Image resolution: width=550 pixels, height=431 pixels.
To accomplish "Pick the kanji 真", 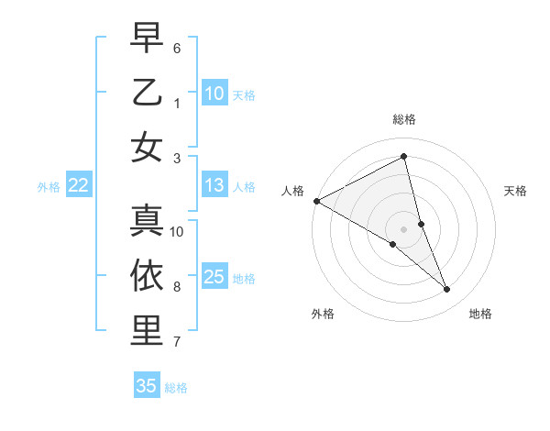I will click(x=147, y=220).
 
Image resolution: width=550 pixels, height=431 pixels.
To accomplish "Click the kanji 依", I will click(x=147, y=276).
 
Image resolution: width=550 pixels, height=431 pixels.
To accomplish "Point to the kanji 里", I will click(x=147, y=331).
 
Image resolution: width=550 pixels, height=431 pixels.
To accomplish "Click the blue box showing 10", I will click(x=214, y=93).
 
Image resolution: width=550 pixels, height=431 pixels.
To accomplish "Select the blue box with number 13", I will click(x=214, y=185).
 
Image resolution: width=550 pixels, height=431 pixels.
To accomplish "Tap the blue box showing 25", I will click(x=214, y=277).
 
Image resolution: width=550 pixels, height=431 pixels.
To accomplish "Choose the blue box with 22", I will click(x=78, y=185).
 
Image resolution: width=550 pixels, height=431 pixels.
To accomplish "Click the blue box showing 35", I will click(x=147, y=386).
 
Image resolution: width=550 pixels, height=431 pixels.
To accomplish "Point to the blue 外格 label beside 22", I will click(x=49, y=186).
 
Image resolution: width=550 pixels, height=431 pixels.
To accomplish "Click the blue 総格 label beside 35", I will click(x=176, y=387).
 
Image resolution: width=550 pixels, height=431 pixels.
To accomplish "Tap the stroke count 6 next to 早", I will click(x=177, y=47).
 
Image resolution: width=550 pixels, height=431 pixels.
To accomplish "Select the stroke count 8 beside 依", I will click(x=177, y=287).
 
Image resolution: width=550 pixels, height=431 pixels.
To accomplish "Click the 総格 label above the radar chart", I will click(x=403, y=119).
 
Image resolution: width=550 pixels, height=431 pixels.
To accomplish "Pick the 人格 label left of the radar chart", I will click(x=292, y=191).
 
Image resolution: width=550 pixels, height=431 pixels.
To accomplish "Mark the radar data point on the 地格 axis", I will click(x=447, y=290).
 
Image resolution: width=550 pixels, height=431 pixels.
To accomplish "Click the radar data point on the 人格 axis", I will click(x=316, y=201).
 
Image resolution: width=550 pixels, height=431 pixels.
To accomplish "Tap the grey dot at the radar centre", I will click(x=403, y=228).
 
